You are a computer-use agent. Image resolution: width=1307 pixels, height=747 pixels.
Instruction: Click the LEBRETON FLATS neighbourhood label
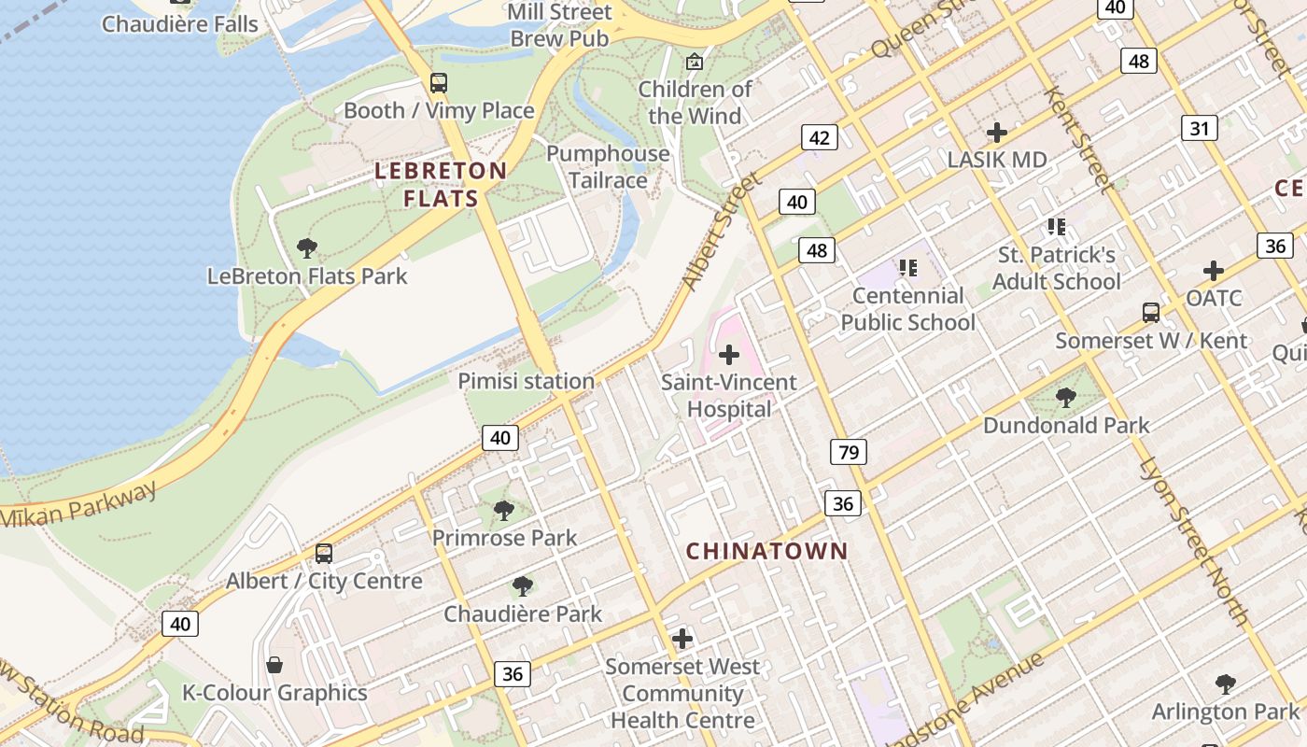441,184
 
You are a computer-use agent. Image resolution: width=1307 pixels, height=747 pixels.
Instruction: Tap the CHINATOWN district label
767,551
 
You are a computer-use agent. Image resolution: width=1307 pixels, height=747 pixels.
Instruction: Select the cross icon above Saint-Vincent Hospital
729,355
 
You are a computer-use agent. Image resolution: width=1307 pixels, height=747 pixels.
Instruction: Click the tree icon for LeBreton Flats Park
307,248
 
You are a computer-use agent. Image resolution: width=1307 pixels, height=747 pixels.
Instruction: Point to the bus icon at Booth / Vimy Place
439,83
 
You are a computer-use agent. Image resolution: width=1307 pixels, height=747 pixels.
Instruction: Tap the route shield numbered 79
848,453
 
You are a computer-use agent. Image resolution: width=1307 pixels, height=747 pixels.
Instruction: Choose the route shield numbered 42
819,138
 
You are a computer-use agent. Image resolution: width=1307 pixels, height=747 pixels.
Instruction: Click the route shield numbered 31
1199,128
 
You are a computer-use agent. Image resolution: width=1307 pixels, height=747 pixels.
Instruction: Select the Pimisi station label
526,381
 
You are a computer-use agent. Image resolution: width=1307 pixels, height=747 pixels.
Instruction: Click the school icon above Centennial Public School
908,269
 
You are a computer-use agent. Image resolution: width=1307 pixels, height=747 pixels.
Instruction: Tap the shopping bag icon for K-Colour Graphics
274,665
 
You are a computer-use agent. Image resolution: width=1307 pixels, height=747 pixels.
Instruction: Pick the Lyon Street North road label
1194,542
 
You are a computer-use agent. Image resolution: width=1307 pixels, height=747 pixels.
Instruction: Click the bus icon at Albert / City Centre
324,554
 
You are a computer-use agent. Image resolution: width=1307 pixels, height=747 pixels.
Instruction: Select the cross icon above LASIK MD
997,132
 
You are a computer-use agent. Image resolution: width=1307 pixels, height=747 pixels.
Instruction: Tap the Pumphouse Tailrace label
608,166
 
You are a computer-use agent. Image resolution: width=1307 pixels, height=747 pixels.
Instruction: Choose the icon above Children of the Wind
694,63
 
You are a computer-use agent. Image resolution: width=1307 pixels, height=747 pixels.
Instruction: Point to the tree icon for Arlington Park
1226,684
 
